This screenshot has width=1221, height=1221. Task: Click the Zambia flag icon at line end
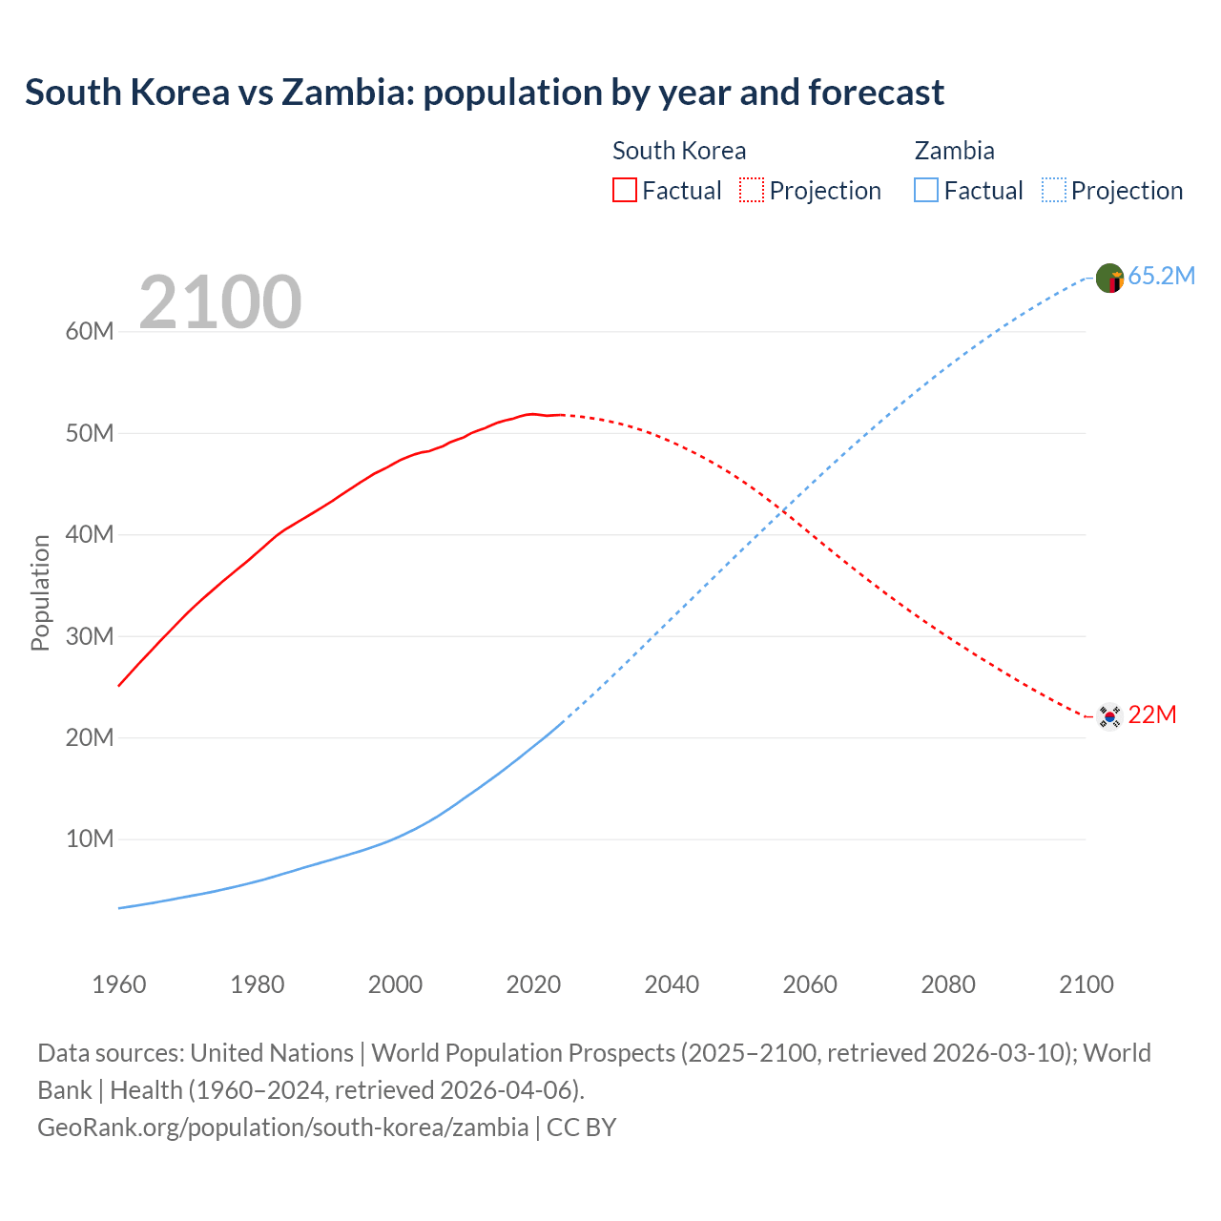point(1109,278)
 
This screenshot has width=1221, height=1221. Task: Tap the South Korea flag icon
point(1109,715)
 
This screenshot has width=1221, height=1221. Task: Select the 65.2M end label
point(1161,277)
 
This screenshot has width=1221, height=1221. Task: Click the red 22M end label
point(1152,715)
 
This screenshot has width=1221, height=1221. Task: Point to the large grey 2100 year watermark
point(220,302)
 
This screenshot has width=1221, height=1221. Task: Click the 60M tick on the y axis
point(90,332)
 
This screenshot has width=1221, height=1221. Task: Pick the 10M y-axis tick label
point(90,839)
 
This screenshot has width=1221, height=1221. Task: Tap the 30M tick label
point(90,636)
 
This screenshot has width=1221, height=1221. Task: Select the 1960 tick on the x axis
point(119,984)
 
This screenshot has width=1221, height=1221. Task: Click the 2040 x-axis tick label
point(672,984)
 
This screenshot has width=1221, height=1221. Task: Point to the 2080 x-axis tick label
point(948,984)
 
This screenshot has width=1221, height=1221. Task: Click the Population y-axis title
point(40,592)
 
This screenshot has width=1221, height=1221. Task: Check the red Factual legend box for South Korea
point(625,191)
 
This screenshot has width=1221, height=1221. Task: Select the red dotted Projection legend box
point(752,191)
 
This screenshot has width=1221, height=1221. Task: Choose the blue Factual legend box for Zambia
point(926,191)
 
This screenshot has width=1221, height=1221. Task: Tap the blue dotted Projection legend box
point(1054,191)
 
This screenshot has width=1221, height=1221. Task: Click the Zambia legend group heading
point(954,151)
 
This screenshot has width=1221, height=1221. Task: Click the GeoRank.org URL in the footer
point(282,1128)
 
